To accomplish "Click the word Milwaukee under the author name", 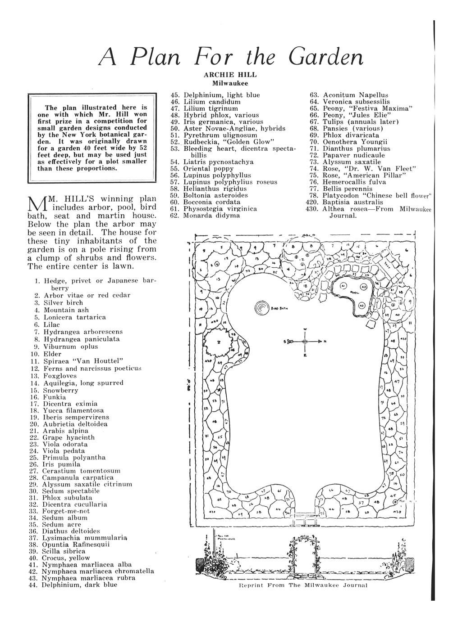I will point(230,83).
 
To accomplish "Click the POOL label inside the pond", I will point(354,292).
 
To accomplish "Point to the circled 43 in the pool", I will point(361,305).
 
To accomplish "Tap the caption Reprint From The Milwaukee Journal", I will point(303,585).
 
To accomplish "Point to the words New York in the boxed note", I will point(77,135).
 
